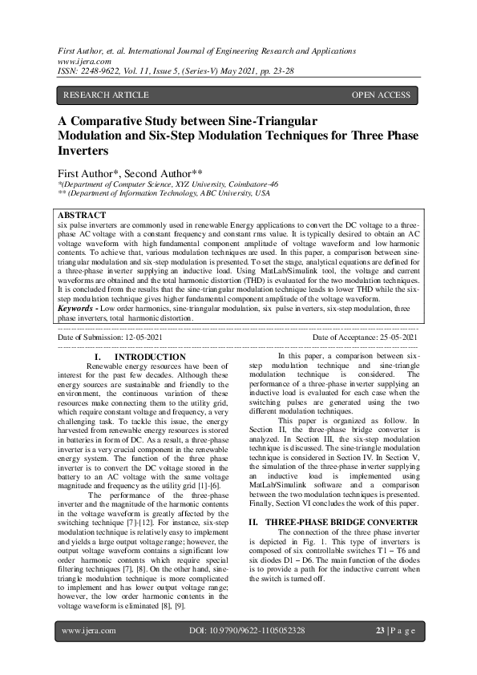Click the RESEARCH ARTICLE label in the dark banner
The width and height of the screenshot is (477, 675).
pyautogui.click(x=105, y=95)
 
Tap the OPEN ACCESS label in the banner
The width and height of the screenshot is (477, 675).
pyautogui.click(x=381, y=95)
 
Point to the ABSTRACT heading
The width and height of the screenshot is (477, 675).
pyautogui.click(x=81, y=216)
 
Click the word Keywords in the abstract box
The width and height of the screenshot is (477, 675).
pyautogui.click(x=76, y=308)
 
